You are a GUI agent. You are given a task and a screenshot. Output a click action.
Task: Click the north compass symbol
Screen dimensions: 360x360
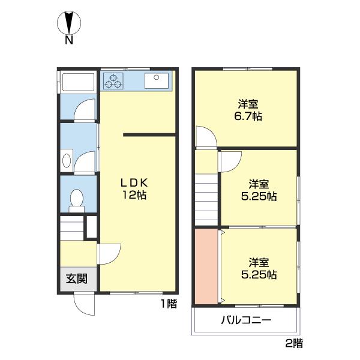pos(69,23)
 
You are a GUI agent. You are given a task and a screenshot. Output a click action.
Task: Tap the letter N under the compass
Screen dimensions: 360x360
pos(69,40)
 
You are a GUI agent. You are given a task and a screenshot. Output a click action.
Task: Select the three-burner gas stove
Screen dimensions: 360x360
pos(113,81)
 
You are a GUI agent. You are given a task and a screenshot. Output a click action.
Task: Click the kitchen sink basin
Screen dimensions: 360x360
pos(157,80)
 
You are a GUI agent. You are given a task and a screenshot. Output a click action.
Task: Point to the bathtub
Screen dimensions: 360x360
pos(78,82)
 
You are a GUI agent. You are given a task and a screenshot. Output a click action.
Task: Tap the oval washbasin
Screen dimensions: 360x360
pos(67,160)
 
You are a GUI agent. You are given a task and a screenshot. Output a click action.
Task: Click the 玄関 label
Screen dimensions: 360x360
pos(77,279)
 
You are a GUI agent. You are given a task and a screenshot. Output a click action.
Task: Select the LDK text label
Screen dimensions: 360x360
pos(134,183)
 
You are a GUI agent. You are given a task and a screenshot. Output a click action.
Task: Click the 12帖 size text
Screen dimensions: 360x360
pos(134,195)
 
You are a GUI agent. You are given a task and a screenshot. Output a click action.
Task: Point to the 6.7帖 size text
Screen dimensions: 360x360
pos(248,116)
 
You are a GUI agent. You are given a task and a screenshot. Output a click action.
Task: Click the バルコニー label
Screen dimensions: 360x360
pos(246,320)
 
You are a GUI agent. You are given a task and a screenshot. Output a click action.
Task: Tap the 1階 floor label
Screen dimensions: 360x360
pos(169,304)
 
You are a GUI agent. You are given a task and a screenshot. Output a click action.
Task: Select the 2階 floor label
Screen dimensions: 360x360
pos(294,343)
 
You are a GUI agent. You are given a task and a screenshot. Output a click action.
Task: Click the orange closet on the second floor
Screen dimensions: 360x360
pos(206,266)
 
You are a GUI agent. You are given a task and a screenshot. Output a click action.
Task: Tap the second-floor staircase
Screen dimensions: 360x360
pos(206,200)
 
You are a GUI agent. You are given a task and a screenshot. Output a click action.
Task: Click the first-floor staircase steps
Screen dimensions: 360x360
pos(72,228)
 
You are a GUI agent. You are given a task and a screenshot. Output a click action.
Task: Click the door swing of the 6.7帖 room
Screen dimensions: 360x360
pos(206,136)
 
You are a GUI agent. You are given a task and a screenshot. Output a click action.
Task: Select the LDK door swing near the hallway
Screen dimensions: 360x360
pos(109,254)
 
